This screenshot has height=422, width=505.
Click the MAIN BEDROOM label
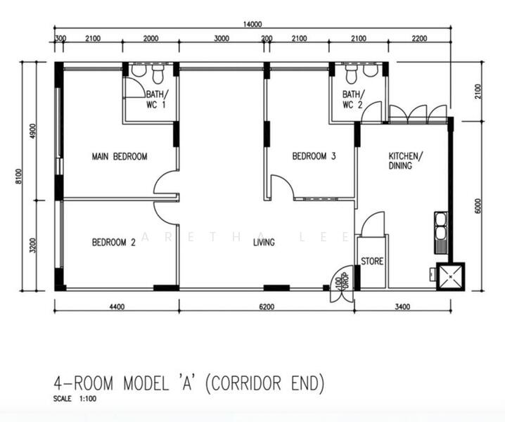click(120, 157)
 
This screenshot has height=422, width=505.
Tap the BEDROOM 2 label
click(114, 243)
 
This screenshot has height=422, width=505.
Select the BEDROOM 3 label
click(314, 157)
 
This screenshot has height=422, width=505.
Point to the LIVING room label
click(264, 243)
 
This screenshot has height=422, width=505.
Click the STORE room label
click(372, 262)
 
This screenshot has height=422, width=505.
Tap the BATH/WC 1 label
click(157, 100)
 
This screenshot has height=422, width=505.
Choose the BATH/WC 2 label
click(353, 100)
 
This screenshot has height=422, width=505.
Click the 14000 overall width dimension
click(252, 24)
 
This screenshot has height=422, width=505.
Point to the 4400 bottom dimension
click(117, 306)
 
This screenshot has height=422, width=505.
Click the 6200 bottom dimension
click(266, 306)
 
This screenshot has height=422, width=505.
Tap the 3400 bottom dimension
click(402, 306)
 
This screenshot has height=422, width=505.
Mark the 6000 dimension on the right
click(478, 205)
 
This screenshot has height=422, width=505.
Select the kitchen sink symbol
click(442, 230)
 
